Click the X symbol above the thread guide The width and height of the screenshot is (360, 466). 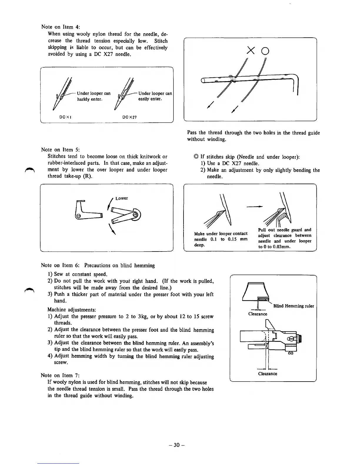[251, 51]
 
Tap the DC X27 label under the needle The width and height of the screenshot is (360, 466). [130, 117]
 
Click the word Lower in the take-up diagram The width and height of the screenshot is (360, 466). [121, 198]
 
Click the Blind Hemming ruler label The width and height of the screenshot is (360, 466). [294, 306]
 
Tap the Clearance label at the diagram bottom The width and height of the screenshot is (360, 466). [267, 374]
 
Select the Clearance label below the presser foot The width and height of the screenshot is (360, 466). [258, 314]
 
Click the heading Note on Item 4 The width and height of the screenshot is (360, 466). [61, 27]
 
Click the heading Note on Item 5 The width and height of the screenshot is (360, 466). [61, 149]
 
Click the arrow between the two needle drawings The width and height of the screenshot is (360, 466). [254, 207]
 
